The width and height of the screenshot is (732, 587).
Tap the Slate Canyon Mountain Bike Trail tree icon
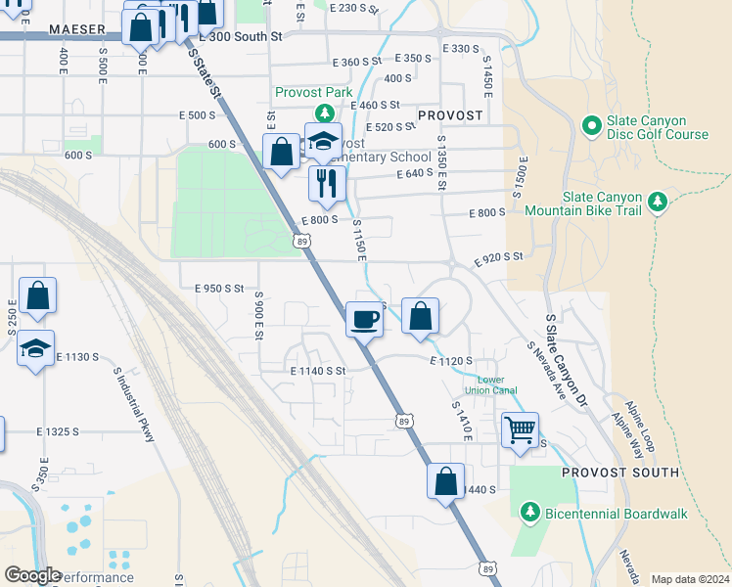(659, 201)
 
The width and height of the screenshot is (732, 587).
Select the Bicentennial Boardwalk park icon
(529, 512)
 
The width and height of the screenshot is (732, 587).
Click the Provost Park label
(312, 92)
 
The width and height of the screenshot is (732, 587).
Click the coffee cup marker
(364, 319)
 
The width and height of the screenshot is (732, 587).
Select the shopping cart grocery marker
(520, 429)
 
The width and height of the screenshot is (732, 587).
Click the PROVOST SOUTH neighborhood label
(620, 473)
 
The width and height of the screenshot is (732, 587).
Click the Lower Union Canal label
(497, 385)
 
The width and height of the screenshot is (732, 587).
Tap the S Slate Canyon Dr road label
(567, 346)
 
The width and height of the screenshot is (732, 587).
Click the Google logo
(33, 575)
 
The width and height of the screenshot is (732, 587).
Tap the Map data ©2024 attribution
(689, 579)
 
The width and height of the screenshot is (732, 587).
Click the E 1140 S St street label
(318, 371)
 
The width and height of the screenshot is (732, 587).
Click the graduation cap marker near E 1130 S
(35, 348)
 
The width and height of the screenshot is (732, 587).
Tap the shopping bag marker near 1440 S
(445, 481)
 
